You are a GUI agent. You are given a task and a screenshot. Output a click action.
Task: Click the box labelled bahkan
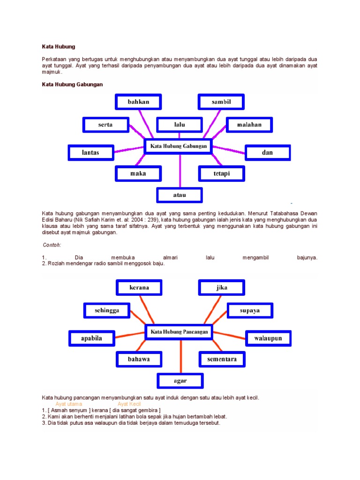coord(138,102)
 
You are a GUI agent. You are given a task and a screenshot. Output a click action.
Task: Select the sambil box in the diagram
coord(221,102)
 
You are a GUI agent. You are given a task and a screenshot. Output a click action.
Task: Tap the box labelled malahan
coord(250,125)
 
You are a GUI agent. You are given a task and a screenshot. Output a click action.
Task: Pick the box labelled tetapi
coord(221,173)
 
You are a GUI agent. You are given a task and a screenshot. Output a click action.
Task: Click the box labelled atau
coord(180,195)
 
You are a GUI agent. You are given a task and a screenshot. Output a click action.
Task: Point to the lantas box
coord(91,152)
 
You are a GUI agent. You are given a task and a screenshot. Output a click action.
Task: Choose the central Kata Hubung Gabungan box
coord(178,146)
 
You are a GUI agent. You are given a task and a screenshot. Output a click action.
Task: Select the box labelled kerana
coord(139,287)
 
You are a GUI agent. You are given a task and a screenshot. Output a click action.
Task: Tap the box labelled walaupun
coord(268,338)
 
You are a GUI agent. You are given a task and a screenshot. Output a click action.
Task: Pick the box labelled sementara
coord(222,360)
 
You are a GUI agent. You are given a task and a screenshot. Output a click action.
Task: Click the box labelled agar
coord(180,381)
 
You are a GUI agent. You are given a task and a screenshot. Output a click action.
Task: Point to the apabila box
coord(91,338)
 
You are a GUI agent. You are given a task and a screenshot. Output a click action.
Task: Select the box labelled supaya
coord(250,310)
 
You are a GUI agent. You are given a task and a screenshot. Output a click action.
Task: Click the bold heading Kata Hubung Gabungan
coord(72,84)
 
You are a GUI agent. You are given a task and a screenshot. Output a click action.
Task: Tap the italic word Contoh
coord(52,245)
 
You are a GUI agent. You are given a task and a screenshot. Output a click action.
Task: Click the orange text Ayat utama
coord(68,404)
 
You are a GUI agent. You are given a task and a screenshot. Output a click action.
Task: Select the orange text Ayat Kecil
coord(129,404)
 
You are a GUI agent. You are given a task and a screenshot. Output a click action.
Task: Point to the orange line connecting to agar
coord(180,356)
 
